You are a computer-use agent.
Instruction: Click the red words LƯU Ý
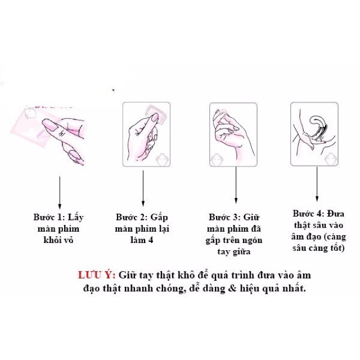97,275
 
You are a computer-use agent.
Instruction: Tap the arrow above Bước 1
60,192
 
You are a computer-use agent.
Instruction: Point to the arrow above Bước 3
236,185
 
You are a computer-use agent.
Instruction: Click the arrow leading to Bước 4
317,184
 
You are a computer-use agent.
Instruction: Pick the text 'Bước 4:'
308,214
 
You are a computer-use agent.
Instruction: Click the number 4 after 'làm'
150,240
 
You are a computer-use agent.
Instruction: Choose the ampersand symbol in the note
232,288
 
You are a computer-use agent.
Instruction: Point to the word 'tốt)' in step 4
337,249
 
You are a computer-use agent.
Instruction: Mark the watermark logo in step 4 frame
331,159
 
